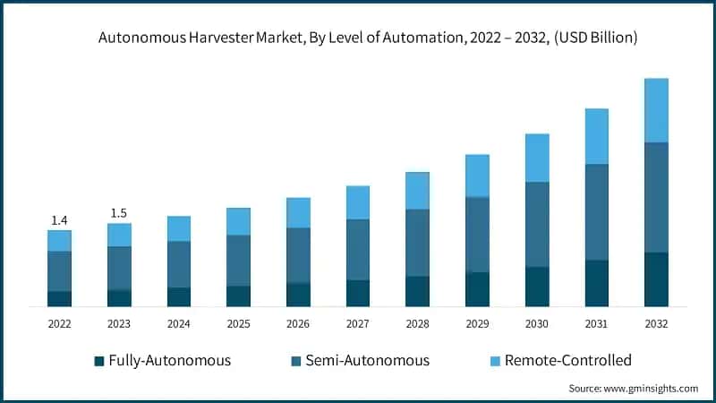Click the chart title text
358,38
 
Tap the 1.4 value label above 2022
59,220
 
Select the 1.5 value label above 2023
119,213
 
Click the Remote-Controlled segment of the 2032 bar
656,110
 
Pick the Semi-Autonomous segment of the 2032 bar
656,197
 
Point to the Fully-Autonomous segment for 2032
656,279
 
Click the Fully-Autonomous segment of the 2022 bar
59,299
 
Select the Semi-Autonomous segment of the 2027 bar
358,250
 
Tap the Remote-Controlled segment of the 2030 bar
537,158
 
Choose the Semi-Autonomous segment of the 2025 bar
238,261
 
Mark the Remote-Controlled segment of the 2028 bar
417,191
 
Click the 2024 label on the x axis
179,323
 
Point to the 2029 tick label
477,323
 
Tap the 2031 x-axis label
597,323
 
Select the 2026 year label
298,323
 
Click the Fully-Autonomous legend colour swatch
98,361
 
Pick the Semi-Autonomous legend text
367,361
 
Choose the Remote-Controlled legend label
567,361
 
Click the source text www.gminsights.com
633,389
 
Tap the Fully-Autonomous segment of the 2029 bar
477,289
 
